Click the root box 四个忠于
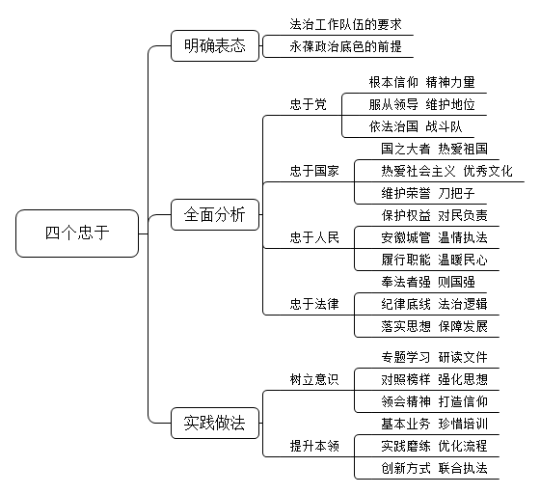click(77, 233)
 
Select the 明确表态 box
click(215, 45)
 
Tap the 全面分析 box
click(215, 214)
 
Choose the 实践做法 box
click(215, 423)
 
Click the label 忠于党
click(309, 104)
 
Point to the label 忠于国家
click(314, 171)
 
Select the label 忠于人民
click(314, 237)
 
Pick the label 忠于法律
click(314, 304)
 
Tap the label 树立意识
click(314, 379)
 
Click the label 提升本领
click(314, 446)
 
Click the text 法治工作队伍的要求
click(345, 24)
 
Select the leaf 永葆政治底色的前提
click(345, 46)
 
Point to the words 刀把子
click(457, 193)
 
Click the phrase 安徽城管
click(406, 237)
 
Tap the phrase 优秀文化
click(488, 171)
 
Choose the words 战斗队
click(444, 126)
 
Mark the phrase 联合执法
click(463, 468)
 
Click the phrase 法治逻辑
click(463, 304)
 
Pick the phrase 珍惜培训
click(463, 424)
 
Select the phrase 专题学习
click(406, 357)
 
